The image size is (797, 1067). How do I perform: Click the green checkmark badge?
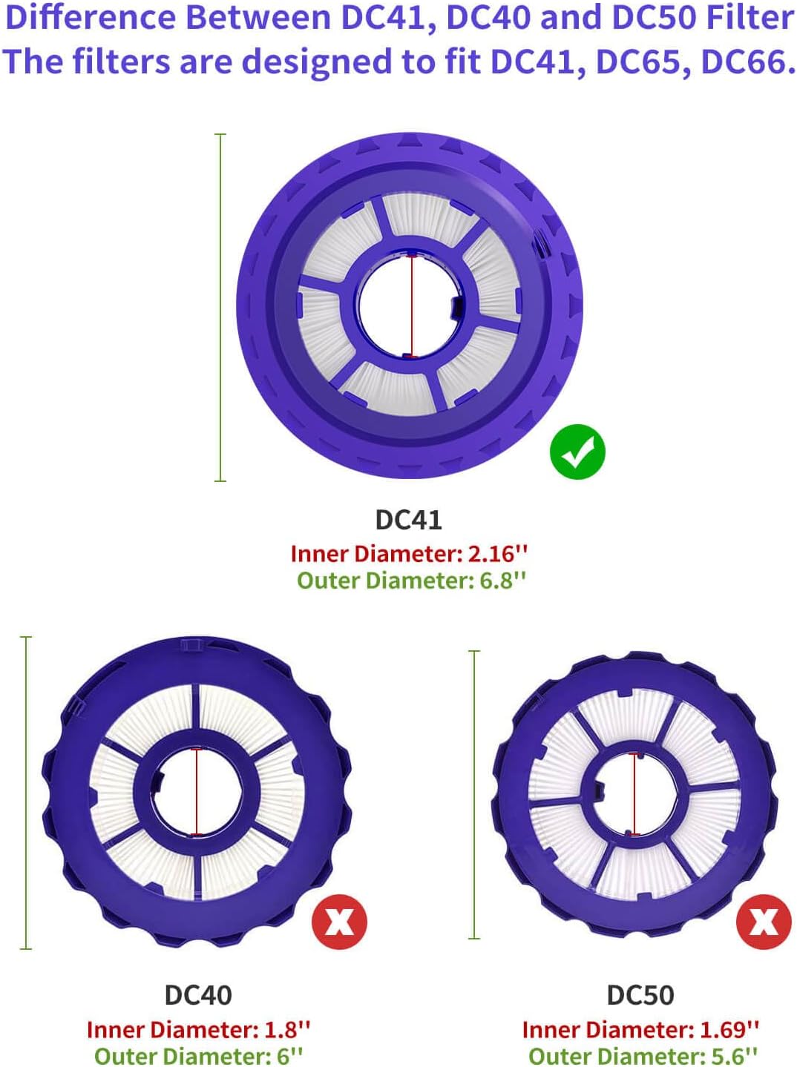tap(577, 452)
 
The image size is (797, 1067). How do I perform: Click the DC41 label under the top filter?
tap(408, 520)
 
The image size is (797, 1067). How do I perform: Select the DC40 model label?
tap(198, 995)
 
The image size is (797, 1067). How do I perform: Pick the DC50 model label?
tap(640, 995)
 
